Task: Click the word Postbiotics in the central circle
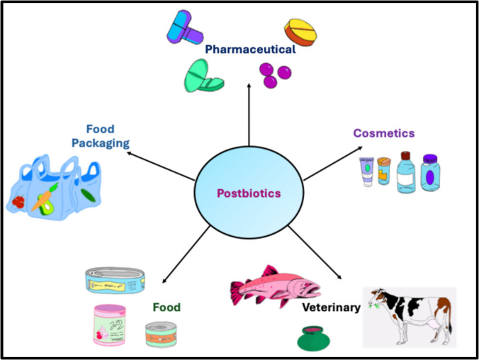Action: (x=247, y=193)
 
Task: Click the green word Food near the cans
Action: (x=167, y=308)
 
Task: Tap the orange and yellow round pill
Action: (x=300, y=31)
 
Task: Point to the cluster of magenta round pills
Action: (x=274, y=74)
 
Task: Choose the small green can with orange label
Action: (x=162, y=334)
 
